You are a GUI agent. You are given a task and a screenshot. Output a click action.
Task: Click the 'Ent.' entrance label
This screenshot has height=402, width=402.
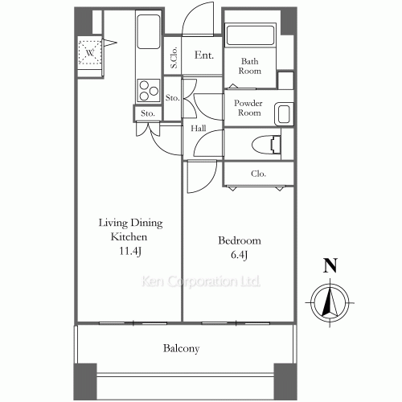pyautogui.click(x=203, y=55)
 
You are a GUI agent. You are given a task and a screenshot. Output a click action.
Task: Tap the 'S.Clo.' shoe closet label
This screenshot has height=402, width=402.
pyautogui.click(x=173, y=58)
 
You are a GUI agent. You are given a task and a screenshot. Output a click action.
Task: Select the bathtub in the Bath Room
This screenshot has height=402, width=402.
pyautogui.click(x=249, y=36)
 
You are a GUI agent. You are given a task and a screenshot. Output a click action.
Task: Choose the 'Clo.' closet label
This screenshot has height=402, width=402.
pyautogui.click(x=259, y=174)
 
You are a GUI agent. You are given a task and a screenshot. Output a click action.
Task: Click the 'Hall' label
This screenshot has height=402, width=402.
pyautogui.click(x=199, y=128)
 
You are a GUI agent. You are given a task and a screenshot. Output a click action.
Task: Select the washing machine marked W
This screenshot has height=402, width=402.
pyautogui.click(x=91, y=54)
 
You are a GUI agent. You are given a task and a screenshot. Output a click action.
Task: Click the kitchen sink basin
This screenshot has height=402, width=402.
pyautogui.click(x=150, y=34)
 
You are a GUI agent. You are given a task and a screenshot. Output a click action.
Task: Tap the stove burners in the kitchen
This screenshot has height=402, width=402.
pyautogui.click(x=149, y=88)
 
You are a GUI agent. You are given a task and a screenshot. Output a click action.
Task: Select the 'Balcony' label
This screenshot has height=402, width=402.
pyautogui.click(x=182, y=349)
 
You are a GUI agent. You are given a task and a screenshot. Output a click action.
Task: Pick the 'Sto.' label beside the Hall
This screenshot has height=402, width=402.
pyautogui.click(x=171, y=98)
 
